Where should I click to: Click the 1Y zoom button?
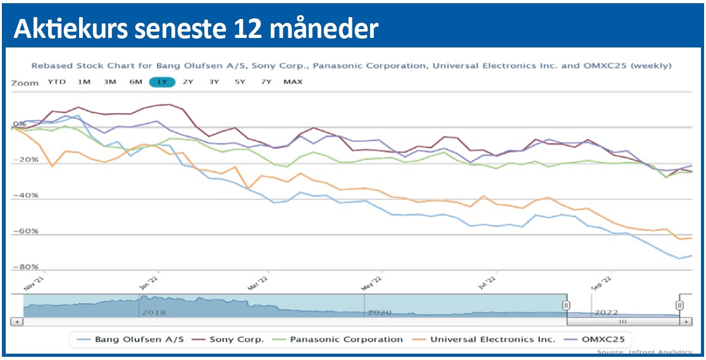[x=162, y=82]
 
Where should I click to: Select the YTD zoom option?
[x=57, y=82]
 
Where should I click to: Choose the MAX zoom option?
[x=293, y=82]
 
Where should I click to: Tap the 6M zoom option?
[x=135, y=82]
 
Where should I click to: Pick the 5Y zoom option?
[x=240, y=82]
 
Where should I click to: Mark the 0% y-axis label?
[x=19, y=125]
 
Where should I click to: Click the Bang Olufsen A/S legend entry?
[x=139, y=339]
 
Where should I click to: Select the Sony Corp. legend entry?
[x=236, y=339]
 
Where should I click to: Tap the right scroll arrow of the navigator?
[x=684, y=322]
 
